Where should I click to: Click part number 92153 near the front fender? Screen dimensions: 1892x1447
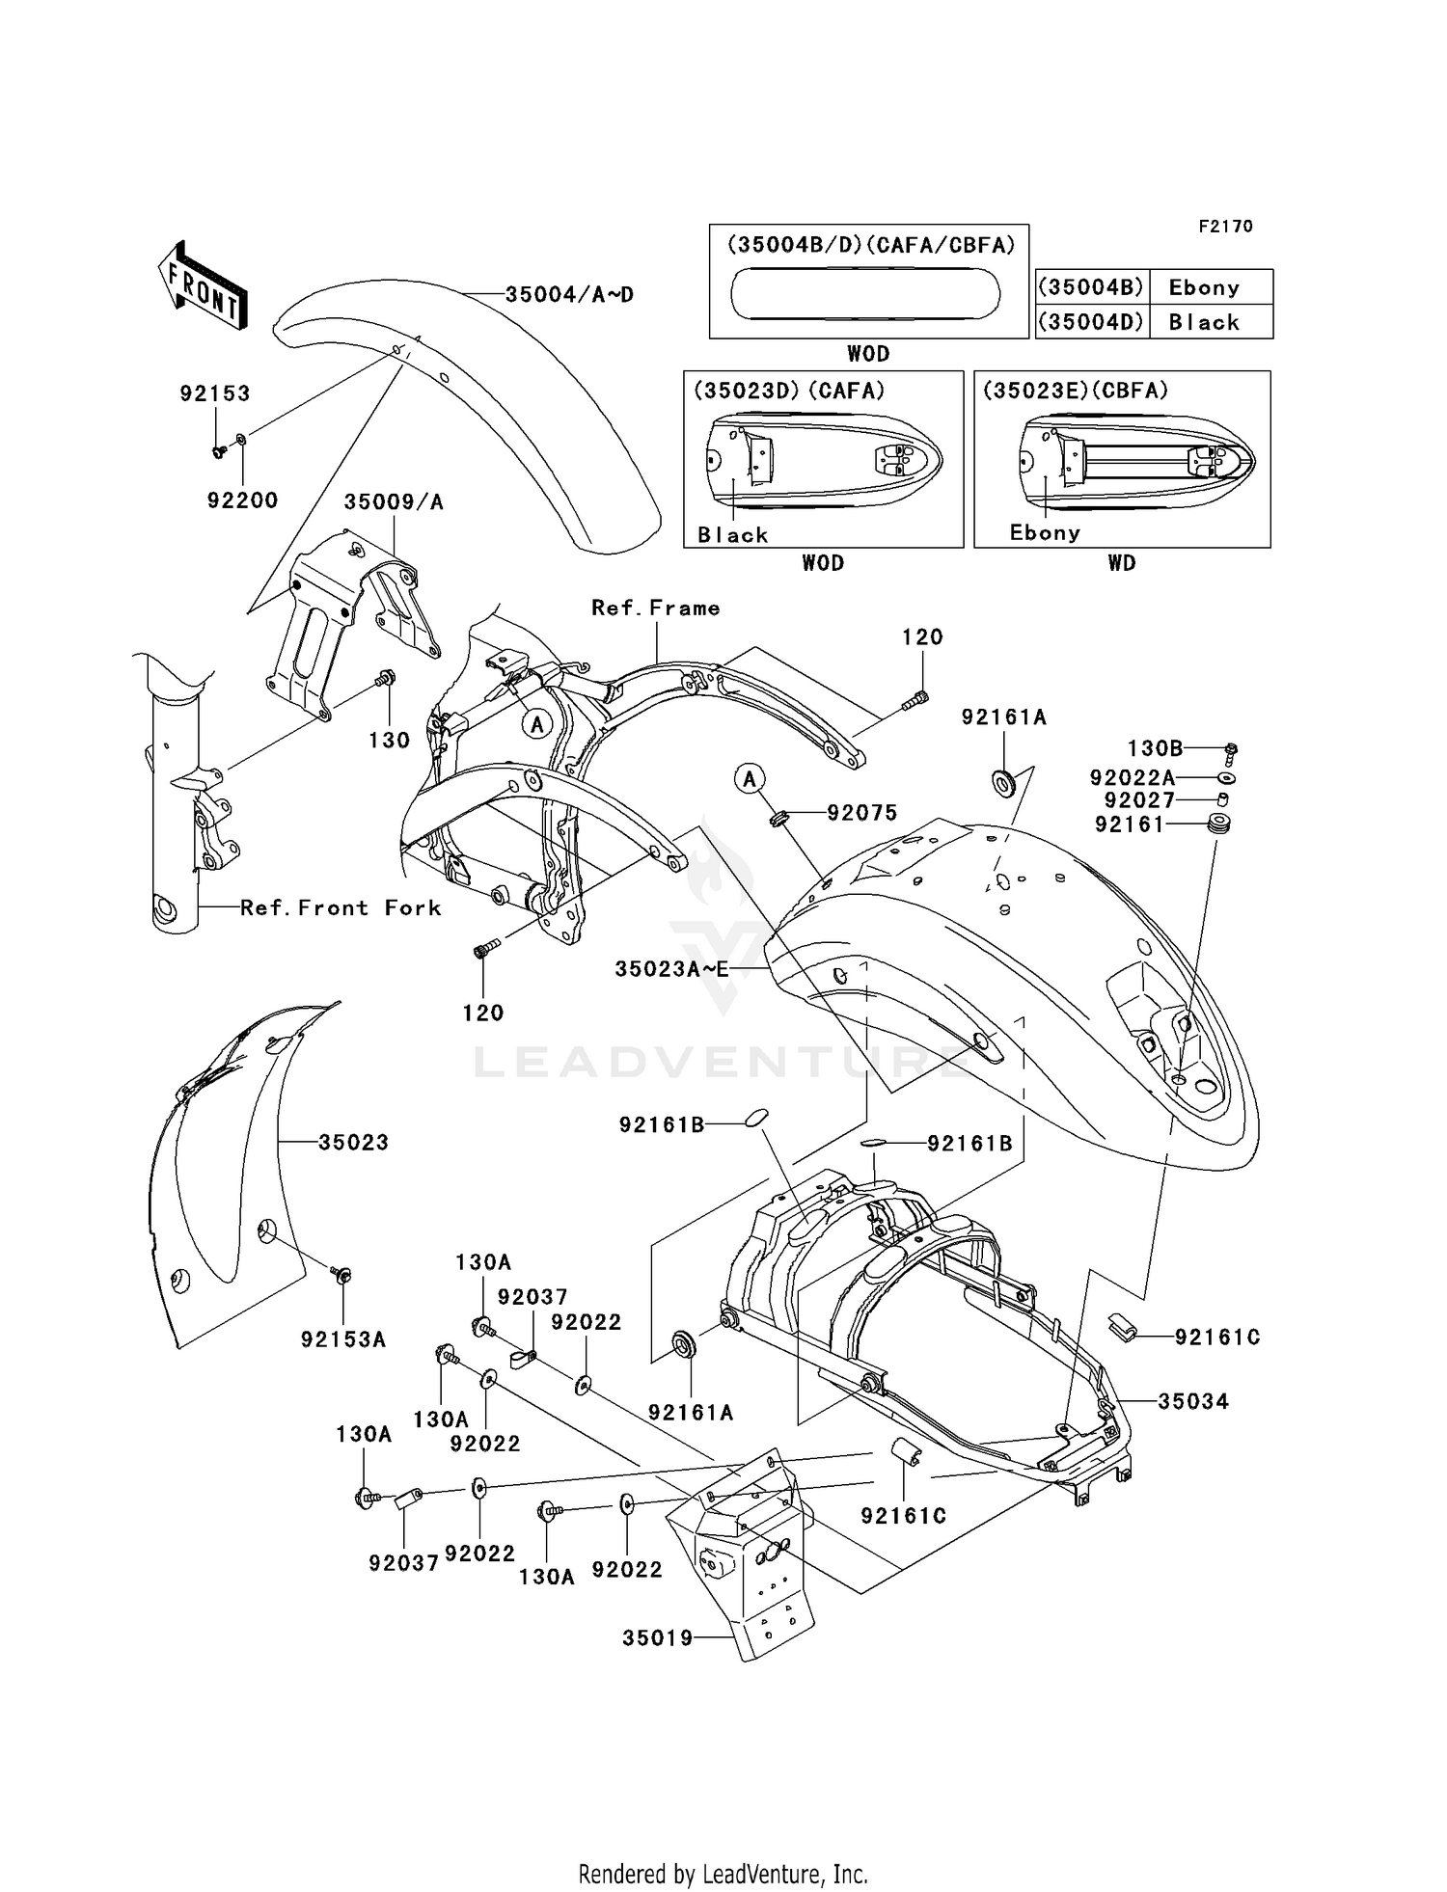(x=215, y=393)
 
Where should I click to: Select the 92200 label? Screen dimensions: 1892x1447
(x=242, y=500)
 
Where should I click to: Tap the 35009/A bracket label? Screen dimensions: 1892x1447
(x=394, y=502)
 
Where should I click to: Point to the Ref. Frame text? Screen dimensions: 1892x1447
(x=656, y=608)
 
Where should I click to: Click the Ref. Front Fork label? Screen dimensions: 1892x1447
(x=341, y=908)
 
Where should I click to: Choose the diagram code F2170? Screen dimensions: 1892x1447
(x=1225, y=227)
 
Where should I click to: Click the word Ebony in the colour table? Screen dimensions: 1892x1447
(x=1204, y=287)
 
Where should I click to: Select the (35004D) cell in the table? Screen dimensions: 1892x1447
(x=1091, y=322)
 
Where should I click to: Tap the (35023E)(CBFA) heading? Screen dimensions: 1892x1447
(x=1076, y=391)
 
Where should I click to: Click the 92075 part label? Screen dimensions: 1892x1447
(x=861, y=813)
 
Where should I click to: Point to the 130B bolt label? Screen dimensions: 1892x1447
(x=1155, y=748)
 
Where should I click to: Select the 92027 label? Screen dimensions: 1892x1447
(x=1139, y=800)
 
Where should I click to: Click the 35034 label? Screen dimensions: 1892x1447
(x=1193, y=1402)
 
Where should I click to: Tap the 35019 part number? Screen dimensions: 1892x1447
(x=658, y=1638)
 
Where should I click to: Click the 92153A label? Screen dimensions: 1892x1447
(x=343, y=1339)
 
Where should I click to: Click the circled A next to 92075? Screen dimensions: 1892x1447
(x=750, y=778)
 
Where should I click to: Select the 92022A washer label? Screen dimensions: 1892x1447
(x=1133, y=777)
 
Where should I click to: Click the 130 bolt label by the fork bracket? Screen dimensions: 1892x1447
(x=389, y=741)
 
